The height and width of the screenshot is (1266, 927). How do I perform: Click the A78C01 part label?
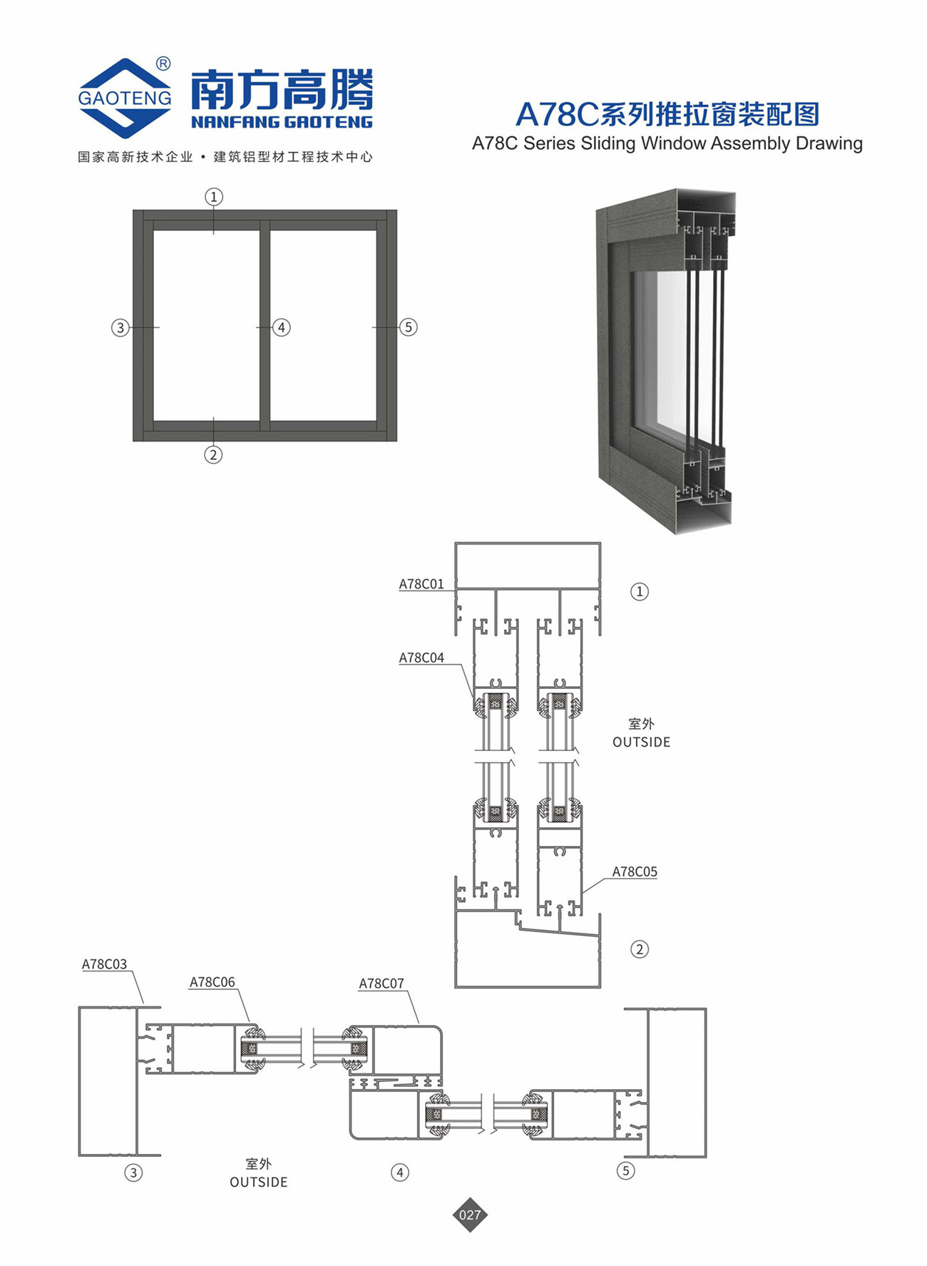click(x=421, y=584)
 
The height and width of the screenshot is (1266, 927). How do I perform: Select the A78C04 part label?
click(x=421, y=658)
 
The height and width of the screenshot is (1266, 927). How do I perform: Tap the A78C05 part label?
click(x=635, y=872)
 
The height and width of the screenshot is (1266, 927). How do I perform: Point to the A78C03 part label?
click(x=104, y=964)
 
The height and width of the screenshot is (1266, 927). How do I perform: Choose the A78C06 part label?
click(x=212, y=982)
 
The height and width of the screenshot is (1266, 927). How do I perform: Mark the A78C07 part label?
click(x=381, y=984)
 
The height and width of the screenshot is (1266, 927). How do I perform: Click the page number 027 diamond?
click(x=470, y=1215)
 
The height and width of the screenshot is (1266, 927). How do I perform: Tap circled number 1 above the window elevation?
click(x=214, y=196)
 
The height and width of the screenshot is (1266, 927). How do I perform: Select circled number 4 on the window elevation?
click(x=282, y=327)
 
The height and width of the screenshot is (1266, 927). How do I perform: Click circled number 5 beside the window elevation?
click(x=408, y=327)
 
